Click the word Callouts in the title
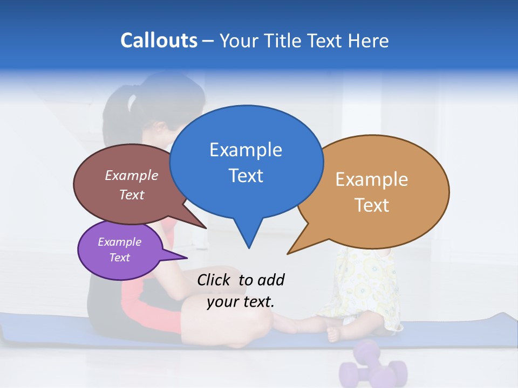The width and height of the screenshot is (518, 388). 159,40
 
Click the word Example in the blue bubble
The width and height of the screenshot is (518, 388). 246,150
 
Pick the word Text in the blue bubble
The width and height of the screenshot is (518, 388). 246,176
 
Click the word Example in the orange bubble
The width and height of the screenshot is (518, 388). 372,179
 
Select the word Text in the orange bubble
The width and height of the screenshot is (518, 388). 372,205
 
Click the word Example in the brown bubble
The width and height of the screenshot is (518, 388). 131,176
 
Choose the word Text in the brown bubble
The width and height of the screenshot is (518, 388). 131,195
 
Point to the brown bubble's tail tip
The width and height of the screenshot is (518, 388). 206,228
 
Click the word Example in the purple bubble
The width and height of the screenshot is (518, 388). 119,242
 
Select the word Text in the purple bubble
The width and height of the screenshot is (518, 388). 119,258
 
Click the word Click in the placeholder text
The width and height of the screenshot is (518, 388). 215,280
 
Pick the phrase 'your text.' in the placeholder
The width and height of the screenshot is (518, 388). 241,302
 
